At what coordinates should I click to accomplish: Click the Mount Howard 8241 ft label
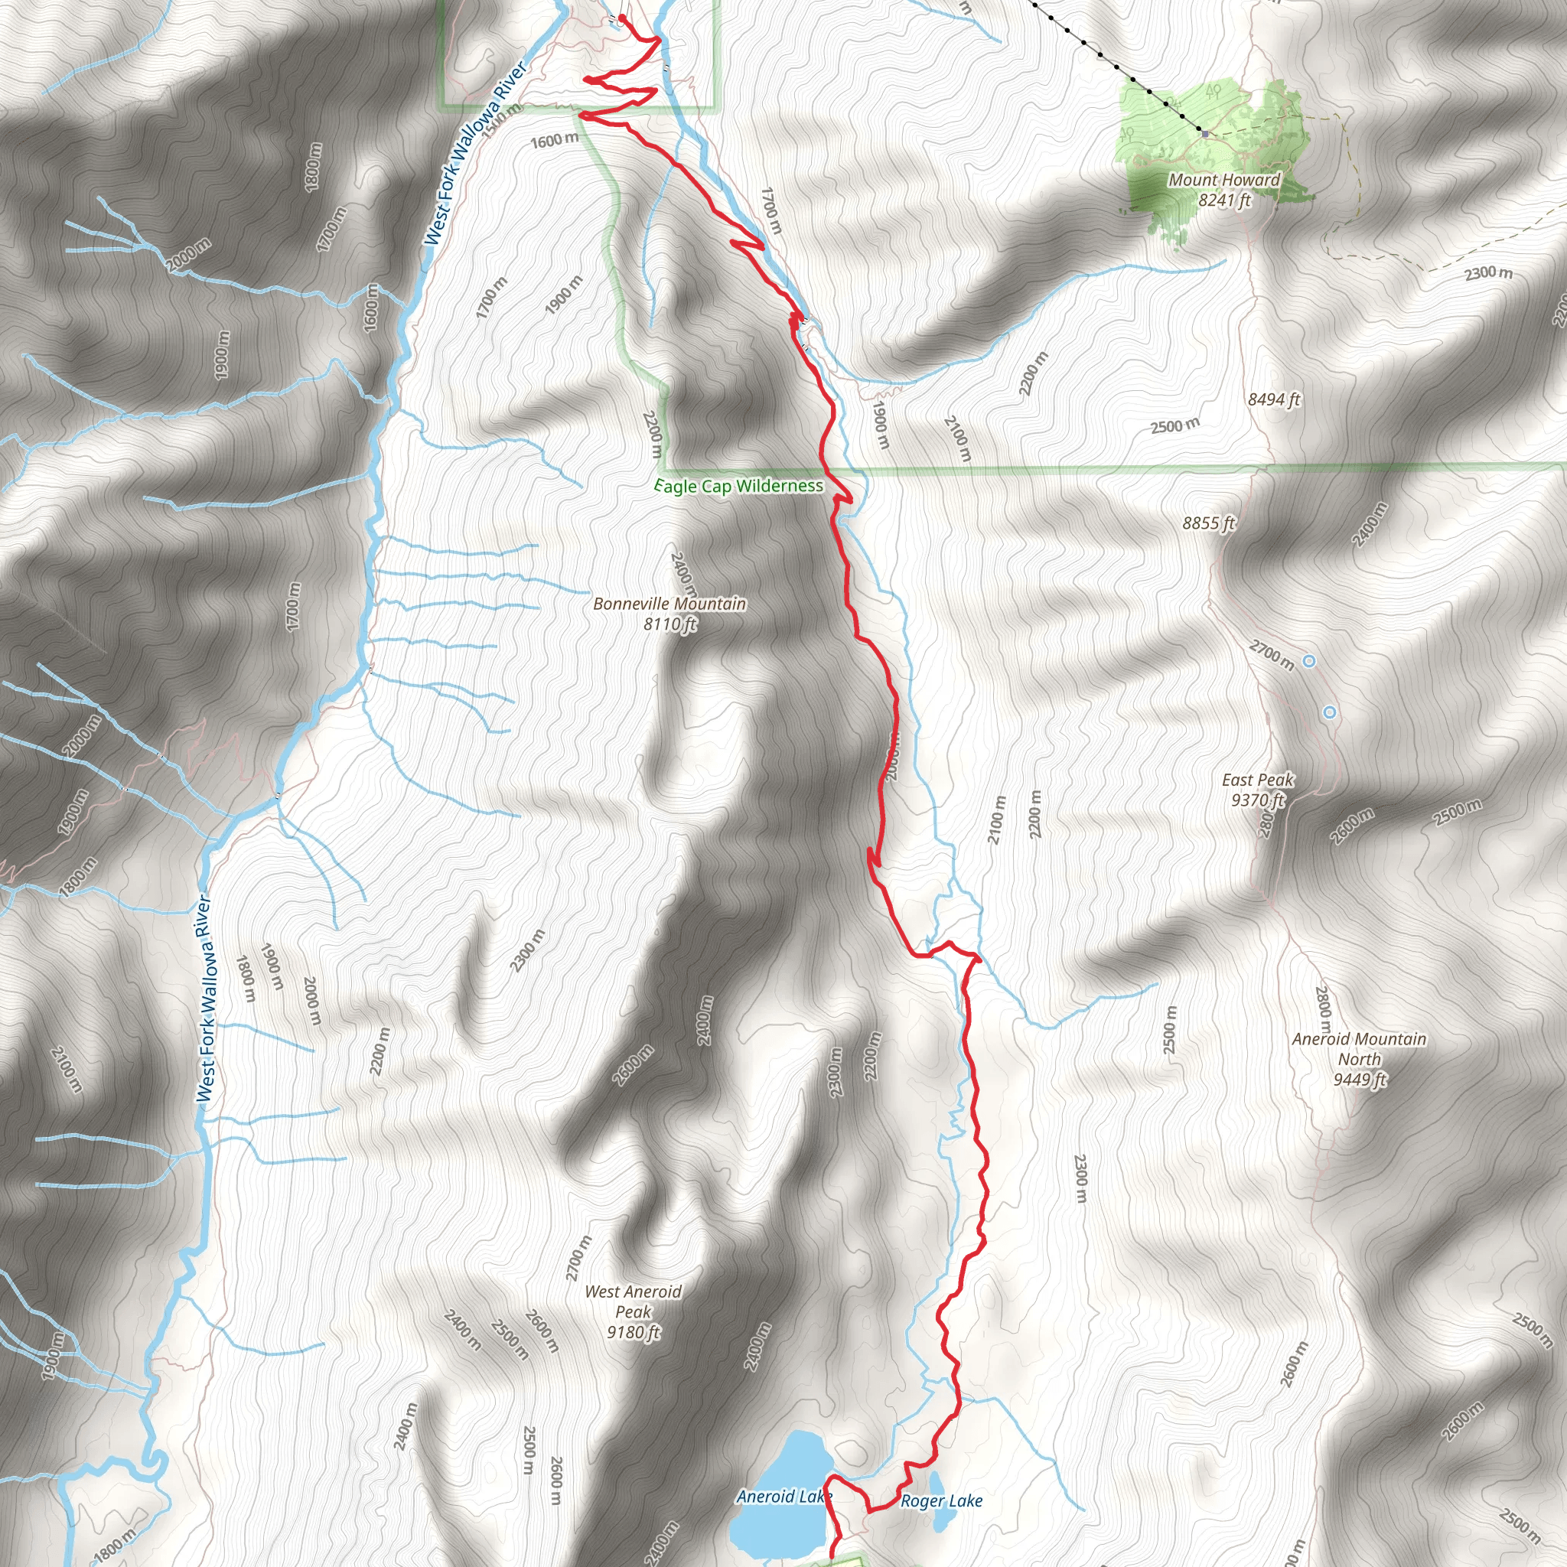point(1224,190)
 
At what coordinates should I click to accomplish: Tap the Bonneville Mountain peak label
point(669,613)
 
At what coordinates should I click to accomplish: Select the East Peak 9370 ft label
point(1258,790)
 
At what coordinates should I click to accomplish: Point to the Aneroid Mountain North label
point(1359,1058)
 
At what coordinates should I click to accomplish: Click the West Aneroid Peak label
point(634,1311)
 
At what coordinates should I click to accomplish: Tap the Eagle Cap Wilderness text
point(739,486)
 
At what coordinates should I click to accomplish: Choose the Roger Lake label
point(942,1501)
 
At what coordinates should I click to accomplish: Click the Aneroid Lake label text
point(783,1497)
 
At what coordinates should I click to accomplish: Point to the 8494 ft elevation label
point(1273,399)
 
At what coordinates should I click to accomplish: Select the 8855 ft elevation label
point(1207,523)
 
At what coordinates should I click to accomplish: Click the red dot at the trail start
point(621,18)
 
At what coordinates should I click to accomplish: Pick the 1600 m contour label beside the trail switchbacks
point(555,140)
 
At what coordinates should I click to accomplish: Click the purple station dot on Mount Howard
point(1205,133)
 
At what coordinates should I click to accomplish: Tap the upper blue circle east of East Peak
point(1308,662)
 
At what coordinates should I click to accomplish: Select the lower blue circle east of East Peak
point(1329,712)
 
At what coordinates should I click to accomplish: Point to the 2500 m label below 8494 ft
point(1174,425)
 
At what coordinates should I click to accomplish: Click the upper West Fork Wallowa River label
point(475,152)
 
